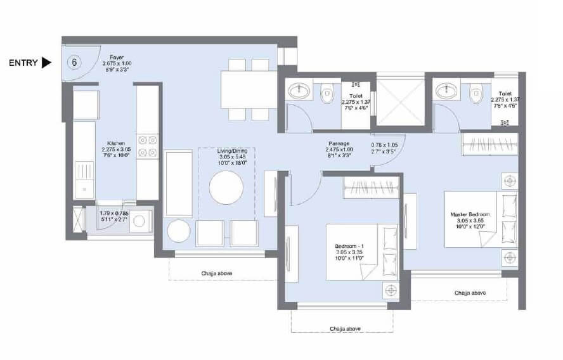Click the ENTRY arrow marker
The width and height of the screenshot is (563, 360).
tap(46, 63)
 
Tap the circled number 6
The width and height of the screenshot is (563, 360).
tap(75, 63)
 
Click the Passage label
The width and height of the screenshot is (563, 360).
tap(340, 144)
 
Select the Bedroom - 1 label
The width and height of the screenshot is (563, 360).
tap(350, 246)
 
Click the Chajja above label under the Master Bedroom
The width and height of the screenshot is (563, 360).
tap(470, 292)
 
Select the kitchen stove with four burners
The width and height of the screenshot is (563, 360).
tap(147, 146)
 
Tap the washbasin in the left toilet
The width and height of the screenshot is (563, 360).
tap(297, 93)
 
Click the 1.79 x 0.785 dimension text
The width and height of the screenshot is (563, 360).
tap(114, 217)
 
